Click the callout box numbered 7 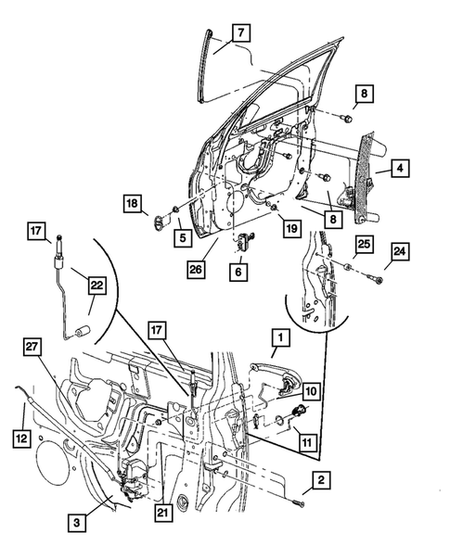pos(238,34)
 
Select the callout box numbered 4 pos(399,169)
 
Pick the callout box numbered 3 pos(82,524)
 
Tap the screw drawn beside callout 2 pos(299,502)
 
